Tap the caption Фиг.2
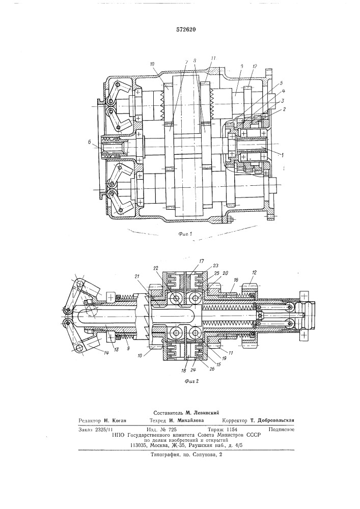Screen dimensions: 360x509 (191, 381)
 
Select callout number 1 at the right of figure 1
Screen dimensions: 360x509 (283, 155)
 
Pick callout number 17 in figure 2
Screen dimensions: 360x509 (202, 261)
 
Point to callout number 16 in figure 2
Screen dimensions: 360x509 (236, 279)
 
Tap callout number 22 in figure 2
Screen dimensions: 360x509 (156, 268)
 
